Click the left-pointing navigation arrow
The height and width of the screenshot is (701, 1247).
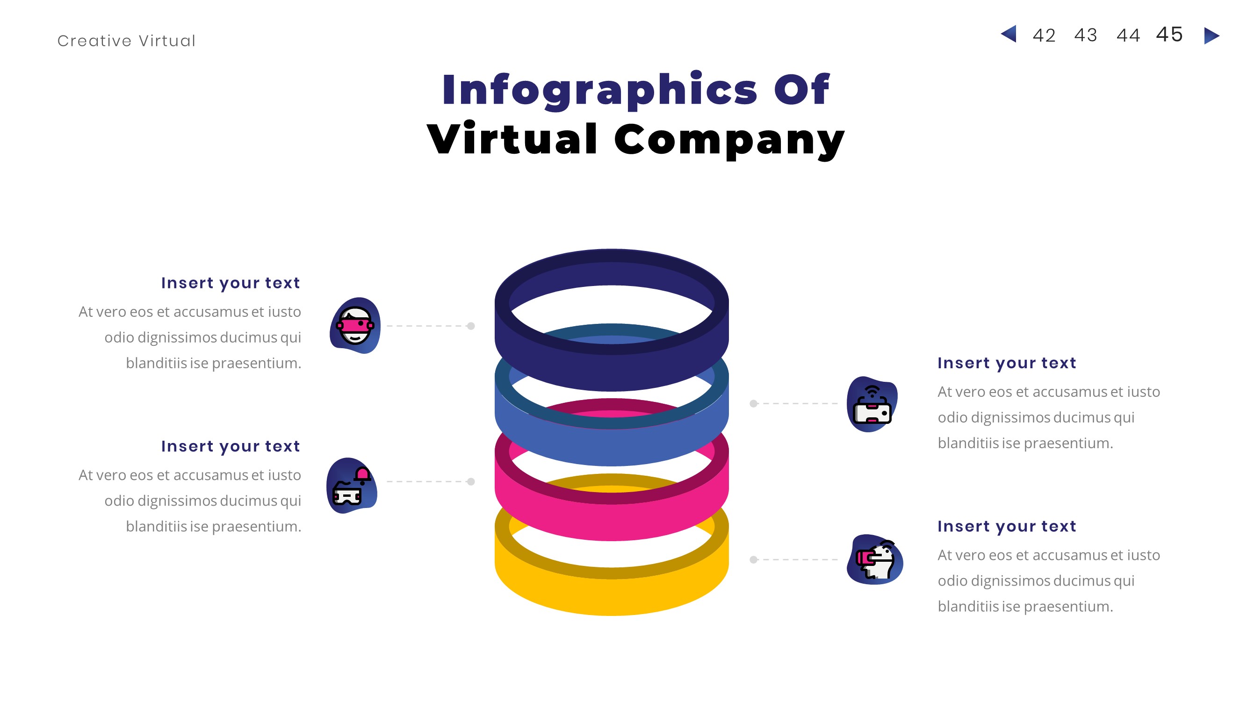coord(1009,34)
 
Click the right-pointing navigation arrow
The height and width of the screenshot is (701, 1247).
coord(1211,36)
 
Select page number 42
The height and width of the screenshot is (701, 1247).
coord(1044,36)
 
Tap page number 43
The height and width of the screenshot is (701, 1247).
coord(1086,35)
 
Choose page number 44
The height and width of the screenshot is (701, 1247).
coord(1128,36)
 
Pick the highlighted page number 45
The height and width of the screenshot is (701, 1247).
coord(1169,34)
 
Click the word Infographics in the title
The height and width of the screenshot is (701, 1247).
coord(600,90)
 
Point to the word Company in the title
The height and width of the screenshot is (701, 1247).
coord(729,140)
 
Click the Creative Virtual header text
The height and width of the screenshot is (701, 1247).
coord(126,41)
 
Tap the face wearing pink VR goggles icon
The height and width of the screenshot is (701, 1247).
coord(355,326)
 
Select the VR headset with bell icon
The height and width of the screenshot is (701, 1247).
coord(352,486)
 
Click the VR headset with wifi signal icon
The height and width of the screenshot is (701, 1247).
coord(872,404)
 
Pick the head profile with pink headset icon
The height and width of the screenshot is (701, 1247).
coord(875,560)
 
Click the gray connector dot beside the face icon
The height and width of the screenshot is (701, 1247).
coord(471,326)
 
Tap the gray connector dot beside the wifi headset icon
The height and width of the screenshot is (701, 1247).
coord(754,403)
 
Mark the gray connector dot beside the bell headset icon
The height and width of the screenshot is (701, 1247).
coord(471,482)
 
